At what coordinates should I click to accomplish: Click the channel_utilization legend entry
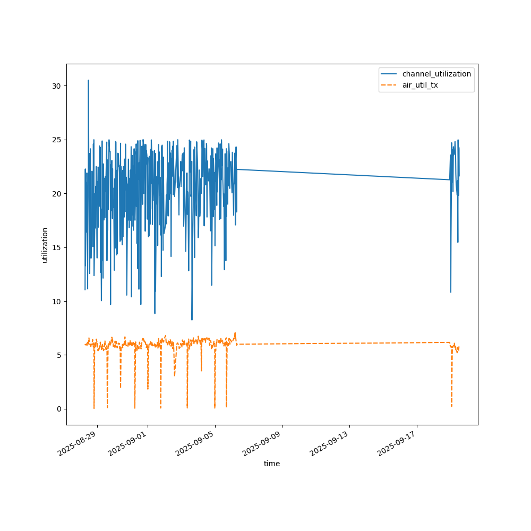point(437,74)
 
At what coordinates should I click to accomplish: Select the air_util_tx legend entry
point(420,85)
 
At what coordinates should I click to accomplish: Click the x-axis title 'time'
point(272,464)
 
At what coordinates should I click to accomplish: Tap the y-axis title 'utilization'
point(45,245)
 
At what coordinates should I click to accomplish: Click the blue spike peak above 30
point(88,81)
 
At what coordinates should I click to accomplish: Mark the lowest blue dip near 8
point(192,320)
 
